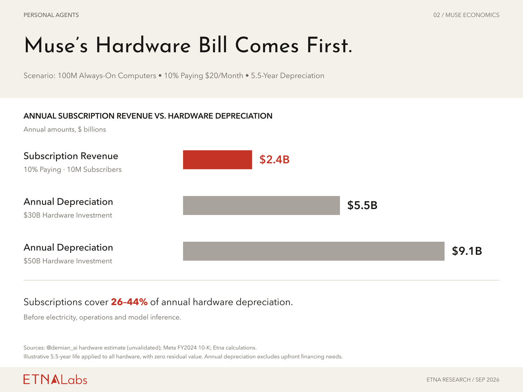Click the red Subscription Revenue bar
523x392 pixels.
coord(217,160)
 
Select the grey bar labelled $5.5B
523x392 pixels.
coord(261,205)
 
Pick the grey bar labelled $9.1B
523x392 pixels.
coord(313,251)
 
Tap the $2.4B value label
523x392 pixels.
coord(274,160)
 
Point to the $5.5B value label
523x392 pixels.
coord(362,205)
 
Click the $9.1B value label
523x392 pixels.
coord(467,251)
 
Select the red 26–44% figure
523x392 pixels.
coord(129,302)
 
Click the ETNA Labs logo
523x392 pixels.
coord(55,379)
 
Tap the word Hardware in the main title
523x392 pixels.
coord(143,45)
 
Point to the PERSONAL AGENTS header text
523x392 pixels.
coord(51,15)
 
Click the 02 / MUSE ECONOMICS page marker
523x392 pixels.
coord(466,15)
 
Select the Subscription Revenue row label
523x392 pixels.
coord(71,156)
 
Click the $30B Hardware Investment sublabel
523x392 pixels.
coord(68,215)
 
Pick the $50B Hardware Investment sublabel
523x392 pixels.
coord(68,261)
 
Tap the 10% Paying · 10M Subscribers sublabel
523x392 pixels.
coord(72,169)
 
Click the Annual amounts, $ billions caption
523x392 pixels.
coord(65,129)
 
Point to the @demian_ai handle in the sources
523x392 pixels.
coord(62,348)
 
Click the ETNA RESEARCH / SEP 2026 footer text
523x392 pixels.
coord(463,380)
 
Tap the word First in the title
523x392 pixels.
coord(329,45)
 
